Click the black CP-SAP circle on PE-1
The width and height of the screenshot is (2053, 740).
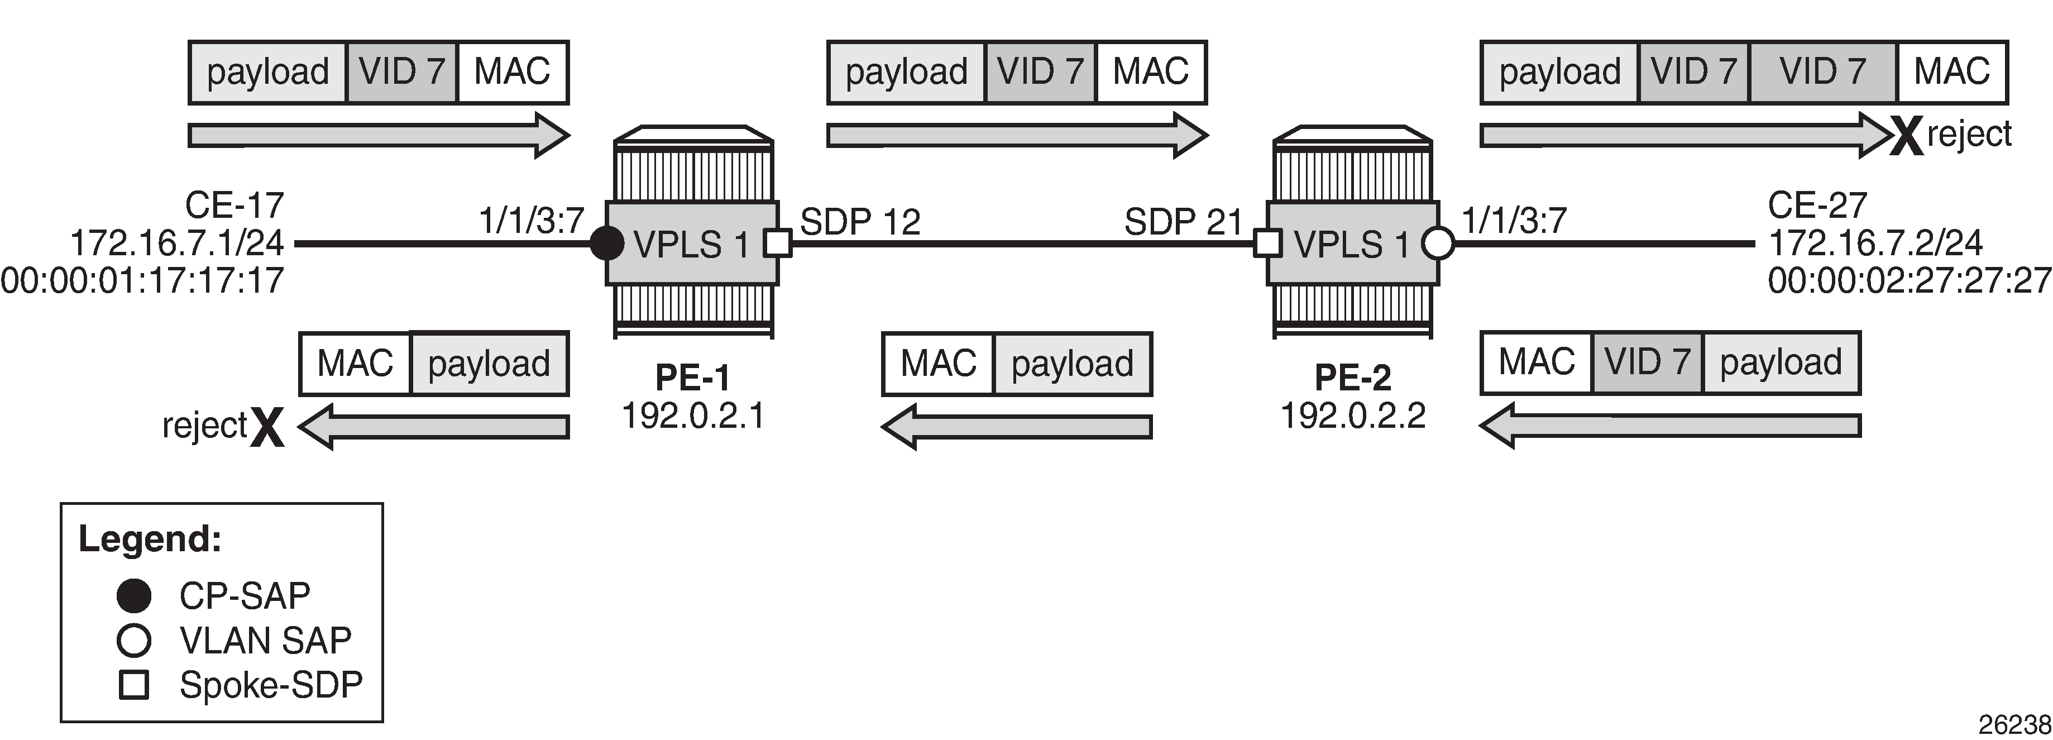pyautogui.click(x=606, y=243)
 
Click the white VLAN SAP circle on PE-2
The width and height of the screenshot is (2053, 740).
pyautogui.click(x=1438, y=243)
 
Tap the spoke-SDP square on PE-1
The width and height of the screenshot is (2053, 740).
pyautogui.click(x=778, y=243)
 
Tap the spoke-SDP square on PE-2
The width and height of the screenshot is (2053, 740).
pyautogui.click(x=1268, y=243)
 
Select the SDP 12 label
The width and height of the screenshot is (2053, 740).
pyautogui.click(x=860, y=222)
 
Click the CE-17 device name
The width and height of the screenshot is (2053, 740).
pyautogui.click(x=235, y=205)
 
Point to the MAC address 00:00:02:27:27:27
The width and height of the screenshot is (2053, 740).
pyautogui.click(x=1910, y=281)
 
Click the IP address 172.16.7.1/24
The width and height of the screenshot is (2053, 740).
pyautogui.click(x=177, y=242)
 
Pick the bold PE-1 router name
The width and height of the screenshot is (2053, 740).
pyautogui.click(x=692, y=377)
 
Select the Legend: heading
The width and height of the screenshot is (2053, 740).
pyautogui.click(x=150, y=539)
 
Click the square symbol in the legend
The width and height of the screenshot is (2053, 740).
pyautogui.click(x=134, y=685)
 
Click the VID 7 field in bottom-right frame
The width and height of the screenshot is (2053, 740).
pyautogui.click(x=1647, y=363)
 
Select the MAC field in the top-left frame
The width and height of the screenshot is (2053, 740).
pyautogui.click(x=513, y=72)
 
